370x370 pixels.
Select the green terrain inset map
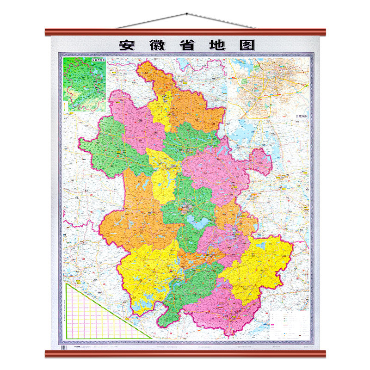click(85, 84)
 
